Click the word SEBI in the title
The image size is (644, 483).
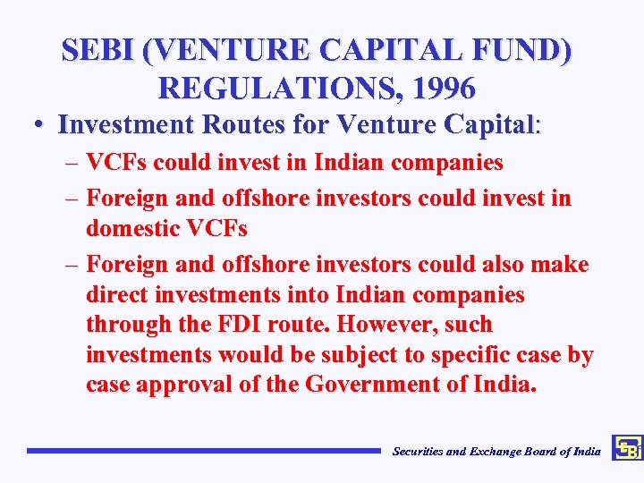(x=99, y=50)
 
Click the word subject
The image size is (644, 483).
(x=360, y=354)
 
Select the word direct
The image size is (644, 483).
(x=115, y=294)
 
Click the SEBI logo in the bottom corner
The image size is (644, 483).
(x=627, y=448)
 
